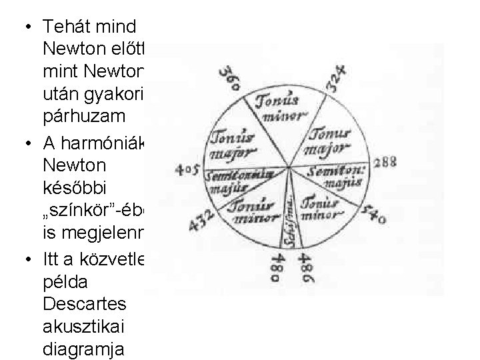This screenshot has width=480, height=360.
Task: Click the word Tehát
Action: (x=63, y=27)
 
